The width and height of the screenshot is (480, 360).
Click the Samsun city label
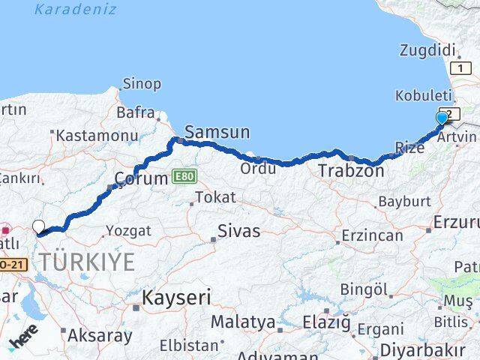tap(217, 133)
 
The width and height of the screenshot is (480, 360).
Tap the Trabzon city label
tap(351, 171)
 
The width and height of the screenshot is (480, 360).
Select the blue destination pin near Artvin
tap(442, 118)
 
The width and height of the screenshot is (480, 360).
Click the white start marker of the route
tap(38, 226)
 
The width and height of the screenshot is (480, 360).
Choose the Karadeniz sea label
tap(75, 10)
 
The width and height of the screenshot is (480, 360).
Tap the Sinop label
tap(140, 82)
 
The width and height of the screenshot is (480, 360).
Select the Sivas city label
tap(238, 231)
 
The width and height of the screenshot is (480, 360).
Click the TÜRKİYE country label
tap(87, 262)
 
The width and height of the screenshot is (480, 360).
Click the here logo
tap(23, 341)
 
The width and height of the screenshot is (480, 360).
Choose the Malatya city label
tap(242, 322)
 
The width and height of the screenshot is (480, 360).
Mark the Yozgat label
tap(128, 230)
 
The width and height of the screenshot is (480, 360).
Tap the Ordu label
tap(258, 169)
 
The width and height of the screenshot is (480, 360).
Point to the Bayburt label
tap(403, 201)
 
